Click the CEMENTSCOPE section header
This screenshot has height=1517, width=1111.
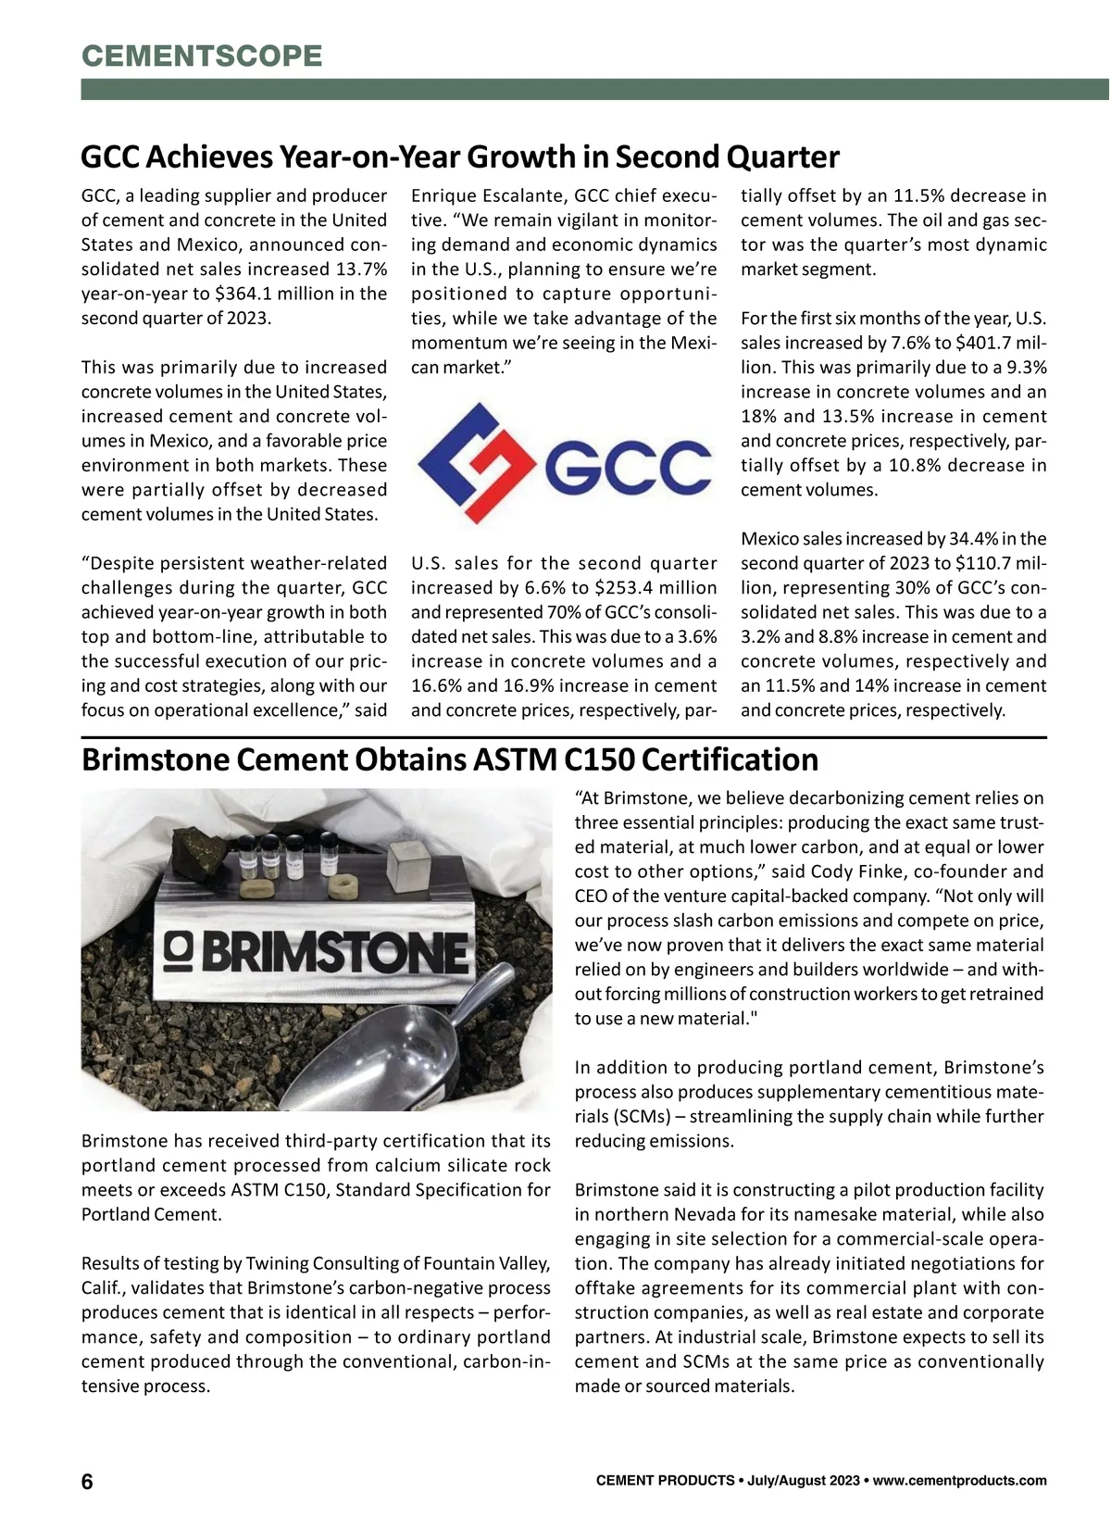coord(202,56)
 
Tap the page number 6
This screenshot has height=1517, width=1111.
coord(87,1482)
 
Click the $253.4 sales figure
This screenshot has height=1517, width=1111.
coord(630,587)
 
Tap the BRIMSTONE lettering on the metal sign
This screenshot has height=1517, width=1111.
coord(334,951)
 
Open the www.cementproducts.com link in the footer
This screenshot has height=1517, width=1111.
coord(960,1481)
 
